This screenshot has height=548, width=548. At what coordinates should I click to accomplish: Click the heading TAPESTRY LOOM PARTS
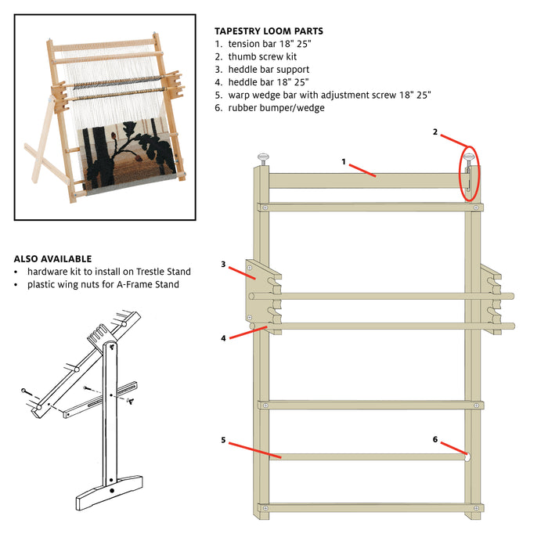click(269, 31)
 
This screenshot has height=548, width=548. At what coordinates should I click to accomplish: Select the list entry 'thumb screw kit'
click(262, 56)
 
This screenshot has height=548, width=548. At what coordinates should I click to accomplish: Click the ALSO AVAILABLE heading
click(52, 259)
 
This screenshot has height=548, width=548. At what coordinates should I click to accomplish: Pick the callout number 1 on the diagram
click(344, 162)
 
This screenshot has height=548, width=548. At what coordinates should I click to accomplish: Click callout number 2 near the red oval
click(435, 132)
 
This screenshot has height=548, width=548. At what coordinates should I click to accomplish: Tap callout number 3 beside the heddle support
click(223, 265)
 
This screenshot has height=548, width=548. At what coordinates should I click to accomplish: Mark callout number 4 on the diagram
click(223, 338)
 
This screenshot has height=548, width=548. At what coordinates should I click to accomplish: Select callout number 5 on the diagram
click(223, 440)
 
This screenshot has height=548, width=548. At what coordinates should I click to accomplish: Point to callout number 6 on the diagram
click(435, 439)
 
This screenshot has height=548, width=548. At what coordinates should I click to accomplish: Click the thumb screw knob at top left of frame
click(263, 157)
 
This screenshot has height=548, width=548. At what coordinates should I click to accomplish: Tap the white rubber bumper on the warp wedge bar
click(467, 456)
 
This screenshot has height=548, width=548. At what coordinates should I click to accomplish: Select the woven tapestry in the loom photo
click(129, 156)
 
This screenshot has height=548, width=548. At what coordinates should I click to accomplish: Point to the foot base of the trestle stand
click(110, 492)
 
